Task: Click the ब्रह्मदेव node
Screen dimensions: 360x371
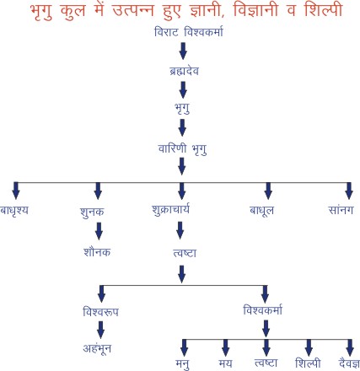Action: pyautogui.click(x=184, y=70)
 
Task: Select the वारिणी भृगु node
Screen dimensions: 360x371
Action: pyautogui.click(x=183, y=149)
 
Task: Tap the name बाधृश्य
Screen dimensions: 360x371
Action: pyautogui.click(x=14, y=210)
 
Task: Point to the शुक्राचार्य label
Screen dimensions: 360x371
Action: pyautogui.click(x=170, y=210)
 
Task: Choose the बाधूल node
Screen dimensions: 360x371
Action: pyautogui.click(x=261, y=211)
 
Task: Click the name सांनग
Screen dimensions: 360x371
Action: pyautogui.click(x=341, y=210)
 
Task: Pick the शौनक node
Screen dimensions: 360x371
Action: pyautogui.click(x=97, y=252)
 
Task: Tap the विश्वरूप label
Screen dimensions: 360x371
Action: pyautogui.click(x=100, y=311)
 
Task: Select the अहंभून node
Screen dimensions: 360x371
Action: pyautogui.click(x=97, y=349)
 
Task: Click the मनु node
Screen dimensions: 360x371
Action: pyautogui.click(x=182, y=364)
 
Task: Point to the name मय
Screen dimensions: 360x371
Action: pyautogui.click(x=225, y=363)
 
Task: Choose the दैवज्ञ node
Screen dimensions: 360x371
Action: pyautogui.click(x=349, y=363)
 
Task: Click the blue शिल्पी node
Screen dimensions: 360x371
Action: pyautogui.click(x=308, y=363)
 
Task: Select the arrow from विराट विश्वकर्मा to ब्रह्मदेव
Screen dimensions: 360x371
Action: pyautogui.click(x=183, y=51)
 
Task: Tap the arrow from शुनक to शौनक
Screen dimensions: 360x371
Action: pyautogui.click(x=99, y=231)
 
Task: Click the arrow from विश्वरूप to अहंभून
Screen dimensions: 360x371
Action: pyautogui.click(x=100, y=330)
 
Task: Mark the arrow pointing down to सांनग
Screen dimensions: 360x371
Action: pyautogui.click(x=349, y=191)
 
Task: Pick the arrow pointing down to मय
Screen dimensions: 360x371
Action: pyautogui.click(x=225, y=347)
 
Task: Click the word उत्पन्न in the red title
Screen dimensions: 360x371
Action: pyautogui.click(x=132, y=10)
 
